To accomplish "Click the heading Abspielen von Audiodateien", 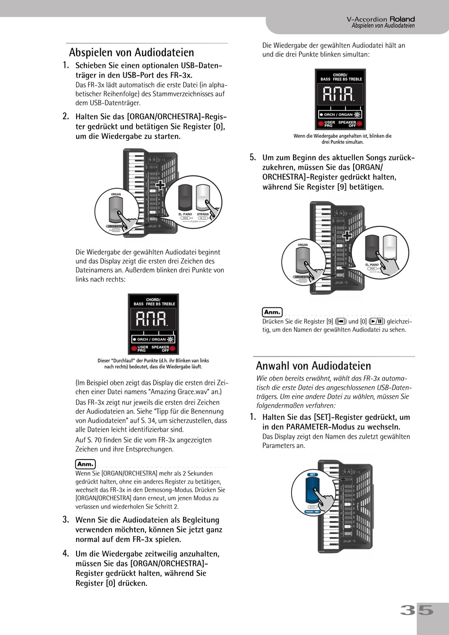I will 131,52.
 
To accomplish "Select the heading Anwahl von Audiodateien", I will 313,365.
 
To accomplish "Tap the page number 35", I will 417,610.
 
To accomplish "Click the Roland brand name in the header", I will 402,19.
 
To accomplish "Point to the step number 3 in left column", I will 66,520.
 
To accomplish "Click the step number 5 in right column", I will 252,157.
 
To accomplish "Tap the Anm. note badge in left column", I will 85,464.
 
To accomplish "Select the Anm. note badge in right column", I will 272,312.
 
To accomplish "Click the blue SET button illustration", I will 312,491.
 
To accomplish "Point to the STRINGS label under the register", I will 203,214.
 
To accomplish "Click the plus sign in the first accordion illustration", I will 161,185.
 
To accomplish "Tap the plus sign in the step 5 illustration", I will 347,235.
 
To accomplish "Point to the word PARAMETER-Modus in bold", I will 315,427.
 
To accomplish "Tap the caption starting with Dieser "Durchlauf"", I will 153,363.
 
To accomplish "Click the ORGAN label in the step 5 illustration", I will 303,245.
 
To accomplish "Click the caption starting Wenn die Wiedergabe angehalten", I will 342,139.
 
